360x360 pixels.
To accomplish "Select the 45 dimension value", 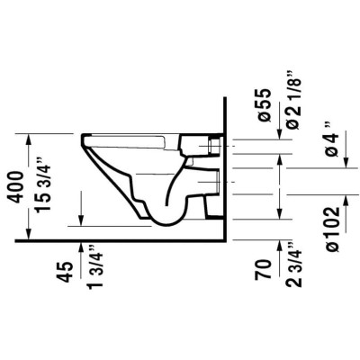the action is pyautogui.click(x=65, y=272).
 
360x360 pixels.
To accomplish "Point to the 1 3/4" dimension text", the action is pyautogui.click(x=94, y=267).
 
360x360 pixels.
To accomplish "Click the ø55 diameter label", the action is pyautogui.click(x=265, y=105).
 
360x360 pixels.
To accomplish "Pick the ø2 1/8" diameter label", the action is pyautogui.click(x=293, y=100).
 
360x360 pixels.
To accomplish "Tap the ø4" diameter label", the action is pyautogui.click(x=331, y=139).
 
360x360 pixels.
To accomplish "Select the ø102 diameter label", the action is pyautogui.click(x=333, y=229).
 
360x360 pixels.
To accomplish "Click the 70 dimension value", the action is pyautogui.click(x=263, y=270).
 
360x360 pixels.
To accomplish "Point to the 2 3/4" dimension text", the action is pyautogui.click(x=293, y=265).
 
